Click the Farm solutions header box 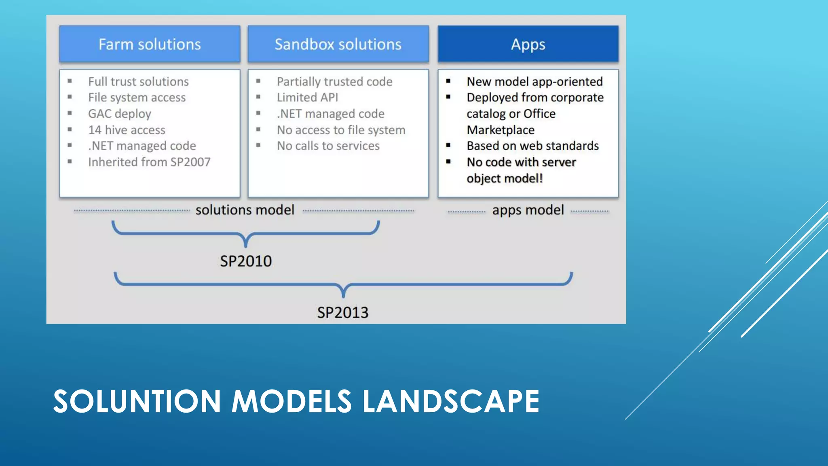(150, 44)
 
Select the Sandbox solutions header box (338, 44)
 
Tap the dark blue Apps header (528, 44)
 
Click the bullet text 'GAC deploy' (120, 114)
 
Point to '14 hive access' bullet (127, 130)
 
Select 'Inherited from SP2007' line (149, 162)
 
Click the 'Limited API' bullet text (307, 97)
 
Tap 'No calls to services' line (328, 146)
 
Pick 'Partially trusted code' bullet (334, 82)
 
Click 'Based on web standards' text (532, 146)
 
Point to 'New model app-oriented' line (534, 82)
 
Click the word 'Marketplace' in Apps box (501, 130)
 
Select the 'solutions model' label (245, 210)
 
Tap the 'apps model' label (528, 210)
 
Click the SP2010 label (246, 261)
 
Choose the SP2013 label (342, 313)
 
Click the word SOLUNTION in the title (137, 401)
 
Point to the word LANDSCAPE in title (450, 401)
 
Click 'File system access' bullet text (137, 97)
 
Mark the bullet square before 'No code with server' (448, 161)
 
